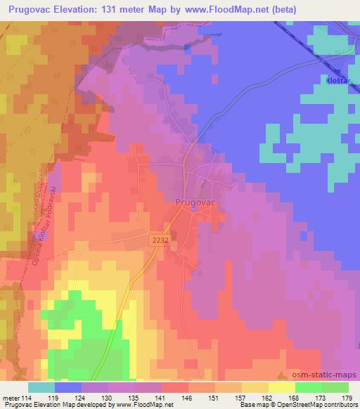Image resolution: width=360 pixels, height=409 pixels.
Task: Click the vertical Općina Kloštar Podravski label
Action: click(30, 224)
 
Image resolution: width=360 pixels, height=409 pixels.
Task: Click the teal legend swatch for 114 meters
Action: click(41, 387)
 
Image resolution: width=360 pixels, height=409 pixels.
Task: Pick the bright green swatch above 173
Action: click(308, 387)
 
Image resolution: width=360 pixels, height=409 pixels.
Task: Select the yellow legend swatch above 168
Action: click(281, 387)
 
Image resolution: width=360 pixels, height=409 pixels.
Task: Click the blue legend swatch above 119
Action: click(68, 387)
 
